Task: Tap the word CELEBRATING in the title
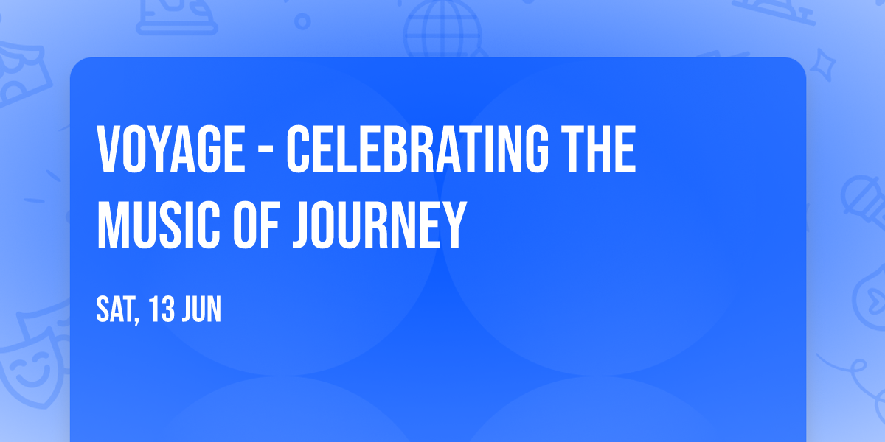416,150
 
